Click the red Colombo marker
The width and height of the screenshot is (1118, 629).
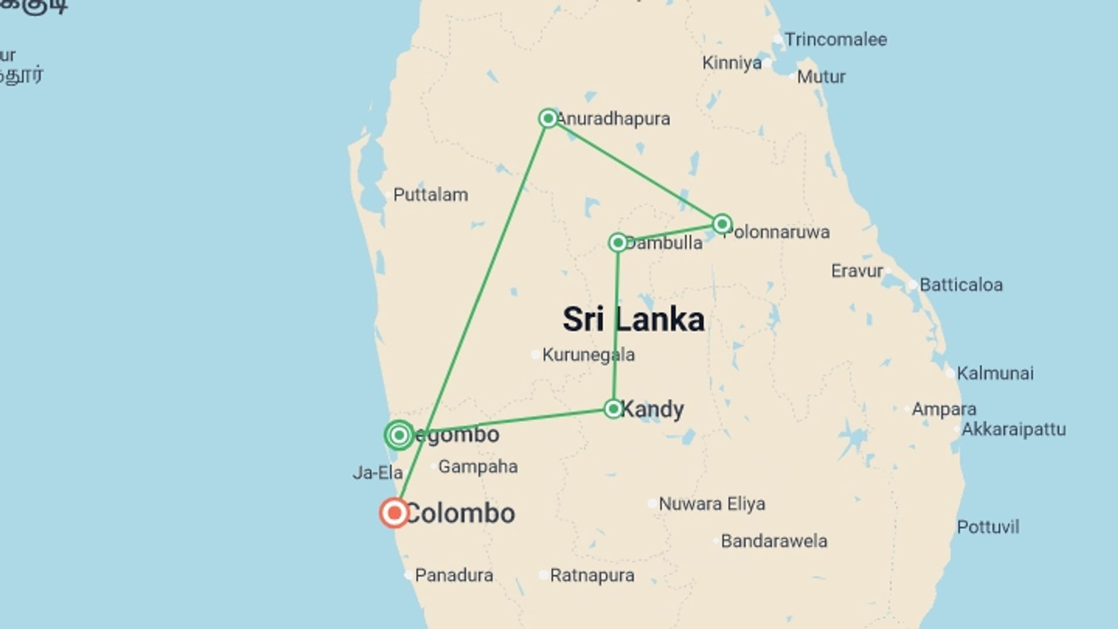click(394, 513)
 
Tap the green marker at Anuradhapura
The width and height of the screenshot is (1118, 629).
click(548, 118)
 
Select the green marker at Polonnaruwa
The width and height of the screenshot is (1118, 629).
click(722, 224)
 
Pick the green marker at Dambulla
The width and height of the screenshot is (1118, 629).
click(618, 242)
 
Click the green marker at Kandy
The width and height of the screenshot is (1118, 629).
click(613, 409)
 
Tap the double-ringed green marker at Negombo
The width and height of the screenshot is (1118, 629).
click(399, 435)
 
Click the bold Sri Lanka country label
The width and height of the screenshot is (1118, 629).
click(633, 320)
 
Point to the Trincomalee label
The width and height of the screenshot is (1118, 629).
click(835, 40)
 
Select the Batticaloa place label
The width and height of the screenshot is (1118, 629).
click(961, 285)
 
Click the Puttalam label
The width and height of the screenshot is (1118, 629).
click(430, 195)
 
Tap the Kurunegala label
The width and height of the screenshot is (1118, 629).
click(588, 355)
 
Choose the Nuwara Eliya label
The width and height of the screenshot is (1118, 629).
click(712, 504)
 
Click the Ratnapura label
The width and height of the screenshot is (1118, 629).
click(592, 575)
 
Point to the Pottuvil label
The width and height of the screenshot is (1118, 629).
click(988, 527)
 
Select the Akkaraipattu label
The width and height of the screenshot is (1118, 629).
click(1013, 429)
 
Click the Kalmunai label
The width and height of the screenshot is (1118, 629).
click(995, 373)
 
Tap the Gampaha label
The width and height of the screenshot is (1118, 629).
click(477, 467)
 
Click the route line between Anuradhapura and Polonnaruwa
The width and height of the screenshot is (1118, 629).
click(635, 171)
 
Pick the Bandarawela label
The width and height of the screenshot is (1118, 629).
click(773, 541)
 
